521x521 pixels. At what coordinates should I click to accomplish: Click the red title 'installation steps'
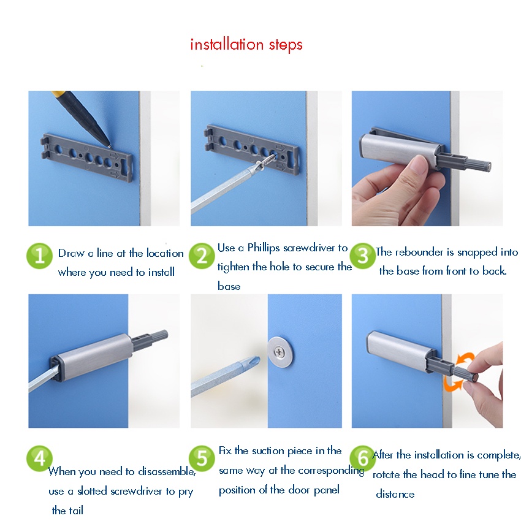tap(246, 45)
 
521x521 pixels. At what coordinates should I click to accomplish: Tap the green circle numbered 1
tap(40, 256)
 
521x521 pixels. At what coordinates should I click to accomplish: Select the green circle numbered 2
tap(202, 256)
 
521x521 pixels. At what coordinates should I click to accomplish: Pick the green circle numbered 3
tap(363, 256)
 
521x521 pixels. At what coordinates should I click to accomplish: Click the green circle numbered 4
tap(40, 458)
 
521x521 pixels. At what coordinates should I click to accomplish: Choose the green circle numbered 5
tap(202, 458)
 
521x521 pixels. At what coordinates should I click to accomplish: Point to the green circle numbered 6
tap(363, 458)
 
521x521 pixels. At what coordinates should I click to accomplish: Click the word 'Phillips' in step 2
tap(263, 248)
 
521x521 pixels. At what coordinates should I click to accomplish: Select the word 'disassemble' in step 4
tap(167, 471)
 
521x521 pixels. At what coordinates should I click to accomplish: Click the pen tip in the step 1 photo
tap(109, 145)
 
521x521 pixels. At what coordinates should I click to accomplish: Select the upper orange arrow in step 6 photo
tap(465, 359)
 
